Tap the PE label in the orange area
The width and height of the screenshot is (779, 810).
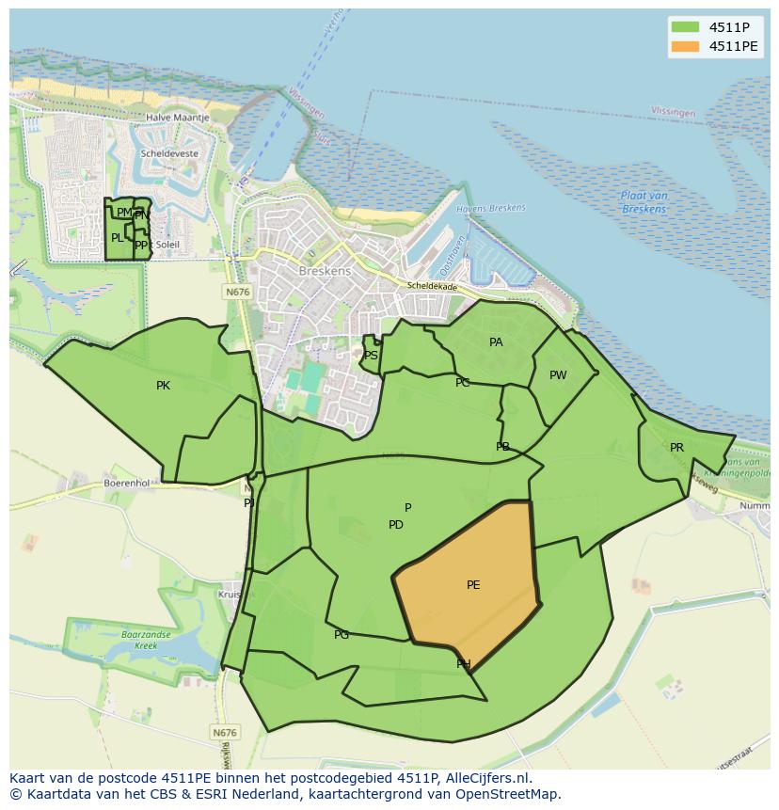coord(473,585)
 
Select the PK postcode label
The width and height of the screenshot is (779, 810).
coord(163,386)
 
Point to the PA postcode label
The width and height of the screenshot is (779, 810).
coord(496,342)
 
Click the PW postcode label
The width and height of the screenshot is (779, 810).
coord(558,375)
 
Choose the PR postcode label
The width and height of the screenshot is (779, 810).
coord(676,448)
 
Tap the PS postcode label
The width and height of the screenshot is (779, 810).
coord(371,356)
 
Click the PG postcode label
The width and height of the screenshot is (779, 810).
coord(342,635)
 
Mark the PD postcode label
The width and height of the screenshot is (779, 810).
coord(396,525)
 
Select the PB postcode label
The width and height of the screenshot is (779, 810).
coord(502,447)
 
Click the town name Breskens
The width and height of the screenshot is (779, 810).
coord(324,271)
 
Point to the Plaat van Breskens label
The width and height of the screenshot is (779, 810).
coord(644,201)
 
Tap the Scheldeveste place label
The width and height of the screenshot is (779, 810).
coord(169,152)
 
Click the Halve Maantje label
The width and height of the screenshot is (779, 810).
coord(177,118)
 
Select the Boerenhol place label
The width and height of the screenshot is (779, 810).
coord(127,483)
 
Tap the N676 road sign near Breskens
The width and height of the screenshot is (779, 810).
coord(237,293)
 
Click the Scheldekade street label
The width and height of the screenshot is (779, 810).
coord(432,286)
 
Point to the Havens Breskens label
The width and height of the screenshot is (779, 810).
coord(490,208)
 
